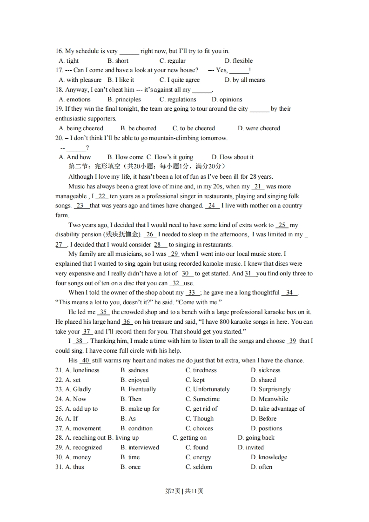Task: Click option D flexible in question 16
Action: tap(238, 60)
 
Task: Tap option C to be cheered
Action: tap(194, 128)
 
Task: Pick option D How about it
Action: tap(233, 157)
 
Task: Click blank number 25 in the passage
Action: tap(282, 225)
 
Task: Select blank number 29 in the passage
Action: tap(174, 254)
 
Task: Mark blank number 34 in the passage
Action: tap(289, 293)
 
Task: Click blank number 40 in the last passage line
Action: tap(85, 361)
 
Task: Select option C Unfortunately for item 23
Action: tap(208, 389)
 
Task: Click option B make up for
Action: tap(140, 409)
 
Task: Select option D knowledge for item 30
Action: tap(268, 457)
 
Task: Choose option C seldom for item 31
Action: tap(199, 467)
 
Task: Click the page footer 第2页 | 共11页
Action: tap(184, 491)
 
